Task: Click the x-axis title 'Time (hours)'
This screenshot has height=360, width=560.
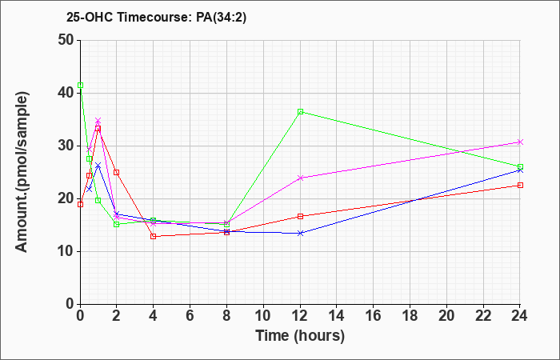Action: tap(300, 335)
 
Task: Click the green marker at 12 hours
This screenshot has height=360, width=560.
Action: tap(300, 112)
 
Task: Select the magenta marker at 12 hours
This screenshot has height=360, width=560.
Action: tap(300, 178)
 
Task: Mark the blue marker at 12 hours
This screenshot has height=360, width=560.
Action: tap(300, 233)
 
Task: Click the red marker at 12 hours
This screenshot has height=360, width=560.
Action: tap(300, 216)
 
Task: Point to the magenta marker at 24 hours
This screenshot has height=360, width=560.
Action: tap(520, 142)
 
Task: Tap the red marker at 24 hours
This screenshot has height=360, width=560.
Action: tap(520, 185)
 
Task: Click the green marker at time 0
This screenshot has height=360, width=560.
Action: tap(80, 85)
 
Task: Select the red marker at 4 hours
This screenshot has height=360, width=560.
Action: tap(154, 236)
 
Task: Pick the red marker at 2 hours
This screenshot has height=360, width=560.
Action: tap(117, 172)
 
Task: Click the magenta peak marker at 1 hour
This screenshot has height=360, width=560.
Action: tap(98, 121)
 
